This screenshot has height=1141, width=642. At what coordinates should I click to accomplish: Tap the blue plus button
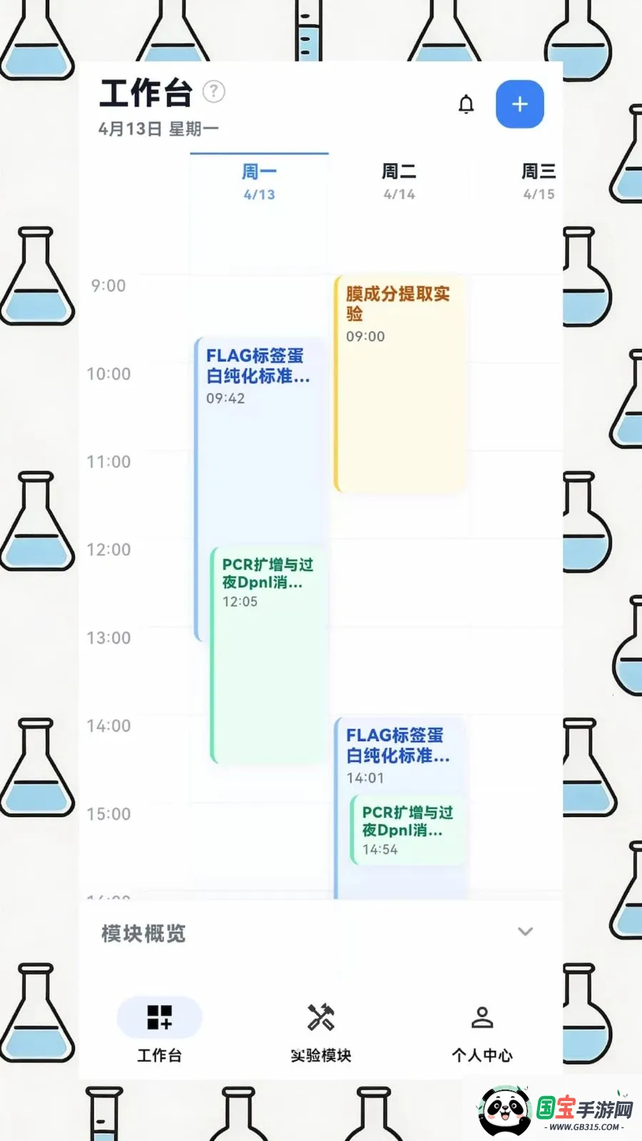point(520,104)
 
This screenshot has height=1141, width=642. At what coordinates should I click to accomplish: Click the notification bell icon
point(466,104)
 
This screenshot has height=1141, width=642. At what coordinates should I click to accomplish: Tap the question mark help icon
point(214,91)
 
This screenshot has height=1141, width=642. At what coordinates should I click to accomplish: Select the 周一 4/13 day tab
point(259,182)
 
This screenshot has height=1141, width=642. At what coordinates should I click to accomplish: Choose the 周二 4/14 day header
point(399,182)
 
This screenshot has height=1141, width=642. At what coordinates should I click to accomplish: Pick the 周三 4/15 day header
point(539,182)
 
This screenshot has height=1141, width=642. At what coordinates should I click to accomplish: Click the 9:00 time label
point(108,286)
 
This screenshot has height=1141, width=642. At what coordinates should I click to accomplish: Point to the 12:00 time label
point(108,550)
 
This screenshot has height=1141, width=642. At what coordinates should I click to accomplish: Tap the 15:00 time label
point(108,814)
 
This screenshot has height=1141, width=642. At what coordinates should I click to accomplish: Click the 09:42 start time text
point(225,399)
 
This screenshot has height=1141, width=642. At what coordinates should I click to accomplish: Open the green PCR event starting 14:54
point(407,830)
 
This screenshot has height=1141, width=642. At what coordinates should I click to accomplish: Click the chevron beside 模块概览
point(525,931)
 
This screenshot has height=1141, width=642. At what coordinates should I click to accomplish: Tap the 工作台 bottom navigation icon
point(159,1018)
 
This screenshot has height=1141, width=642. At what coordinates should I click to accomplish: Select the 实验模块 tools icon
point(321,1018)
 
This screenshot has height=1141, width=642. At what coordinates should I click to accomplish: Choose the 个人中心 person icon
point(482,1018)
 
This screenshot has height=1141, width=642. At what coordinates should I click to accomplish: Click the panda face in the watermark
point(504,1110)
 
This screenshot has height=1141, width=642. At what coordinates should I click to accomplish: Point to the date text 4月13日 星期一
point(158,129)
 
